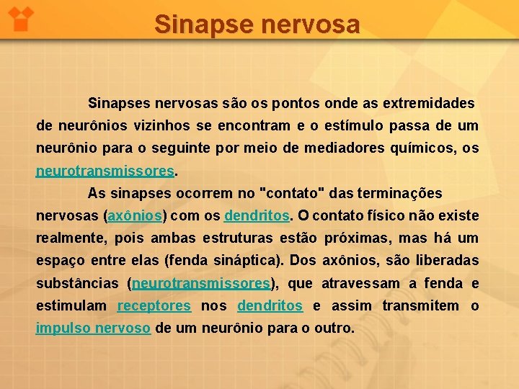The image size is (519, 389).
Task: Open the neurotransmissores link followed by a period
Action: coord(105,171)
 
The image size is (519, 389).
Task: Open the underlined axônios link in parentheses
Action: coord(136,216)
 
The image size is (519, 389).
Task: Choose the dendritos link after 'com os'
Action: coord(257,216)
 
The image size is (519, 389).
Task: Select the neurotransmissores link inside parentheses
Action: coord(201,284)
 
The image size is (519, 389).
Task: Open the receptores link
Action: coord(154,306)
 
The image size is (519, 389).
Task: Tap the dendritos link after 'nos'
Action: coord(270,306)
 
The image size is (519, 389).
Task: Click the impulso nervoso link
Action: coord(93,328)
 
